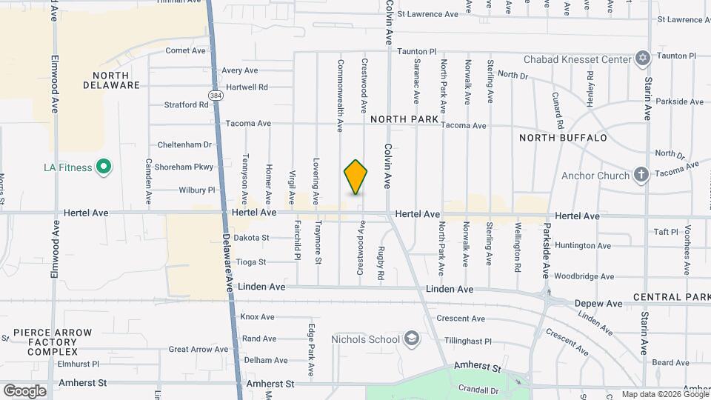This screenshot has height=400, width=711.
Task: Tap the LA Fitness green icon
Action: [x=104, y=167]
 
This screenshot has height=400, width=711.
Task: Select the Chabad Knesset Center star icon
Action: [x=642, y=59]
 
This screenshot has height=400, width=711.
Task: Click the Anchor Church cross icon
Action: [x=641, y=176]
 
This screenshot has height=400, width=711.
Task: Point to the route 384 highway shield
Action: [x=215, y=96]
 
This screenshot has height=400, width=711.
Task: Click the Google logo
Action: [x=24, y=390]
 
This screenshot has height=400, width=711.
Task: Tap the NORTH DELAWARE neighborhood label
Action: [x=116, y=80]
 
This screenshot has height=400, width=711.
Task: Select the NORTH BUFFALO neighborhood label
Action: [x=563, y=138]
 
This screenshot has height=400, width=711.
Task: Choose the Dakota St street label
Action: [x=251, y=238]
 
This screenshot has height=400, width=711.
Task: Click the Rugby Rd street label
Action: [x=381, y=263]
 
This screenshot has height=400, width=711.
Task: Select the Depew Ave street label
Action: [x=599, y=304]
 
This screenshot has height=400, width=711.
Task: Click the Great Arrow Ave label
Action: [x=198, y=349]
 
